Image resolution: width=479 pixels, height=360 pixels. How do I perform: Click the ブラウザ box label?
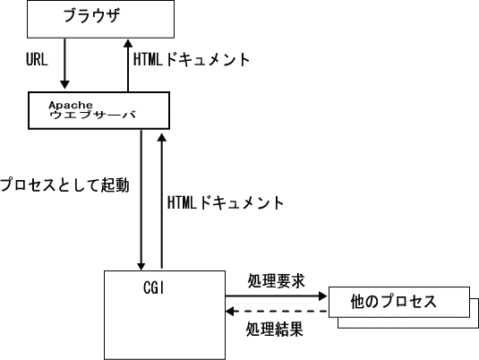pyautogui.click(x=91, y=15)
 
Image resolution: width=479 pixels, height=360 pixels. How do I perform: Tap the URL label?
pyautogui.click(x=37, y=59)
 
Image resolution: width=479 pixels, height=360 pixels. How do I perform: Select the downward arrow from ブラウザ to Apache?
pyautogui.click(x=64, y=64)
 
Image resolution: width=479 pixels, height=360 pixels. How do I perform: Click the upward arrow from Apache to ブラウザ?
pyautogui.click(x=128, y=65)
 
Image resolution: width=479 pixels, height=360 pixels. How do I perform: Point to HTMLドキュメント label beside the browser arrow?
pyautogui.click(x=192, y=59)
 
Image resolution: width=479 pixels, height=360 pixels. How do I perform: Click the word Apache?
pyautogui.click(x=71, y=105)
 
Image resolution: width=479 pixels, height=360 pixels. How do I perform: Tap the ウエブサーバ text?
pyautogui.click(x=92, y=115)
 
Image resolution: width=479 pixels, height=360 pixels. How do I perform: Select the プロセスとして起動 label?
pyautogui.click(x=64, y=184)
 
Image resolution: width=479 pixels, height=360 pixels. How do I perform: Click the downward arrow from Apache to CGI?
pyautogui.click(x=141, y=201)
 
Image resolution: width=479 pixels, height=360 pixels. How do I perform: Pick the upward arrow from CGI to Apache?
pyautogui.click(x=161, y=201)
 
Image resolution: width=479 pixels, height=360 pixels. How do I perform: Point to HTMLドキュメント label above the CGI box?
pyautogui.click(x=226, y=202)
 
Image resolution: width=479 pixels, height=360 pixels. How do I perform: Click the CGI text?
pyautogui.click(x=154, y=287)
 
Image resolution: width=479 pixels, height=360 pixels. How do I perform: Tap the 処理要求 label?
pyautogui.click(x=276, y=280)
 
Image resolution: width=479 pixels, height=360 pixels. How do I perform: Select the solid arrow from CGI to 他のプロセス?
pyautogui.click(x=276, y=296)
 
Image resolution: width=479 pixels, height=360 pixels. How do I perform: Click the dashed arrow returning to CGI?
pyautogui.click(x=277, y=312)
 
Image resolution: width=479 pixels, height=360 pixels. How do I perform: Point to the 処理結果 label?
pyautogui.click(x=274, y=330)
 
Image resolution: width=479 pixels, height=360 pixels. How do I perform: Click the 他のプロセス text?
pyautogui.click(x=393, y=301)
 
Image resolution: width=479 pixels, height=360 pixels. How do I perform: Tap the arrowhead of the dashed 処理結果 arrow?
pyautogui.click(x=230, y=312)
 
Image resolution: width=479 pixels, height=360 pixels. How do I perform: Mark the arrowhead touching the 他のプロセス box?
pyautogui.click(x=323, y=296)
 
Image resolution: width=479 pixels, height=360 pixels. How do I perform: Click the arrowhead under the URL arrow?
pyautogui.click(x=64, y=85)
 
